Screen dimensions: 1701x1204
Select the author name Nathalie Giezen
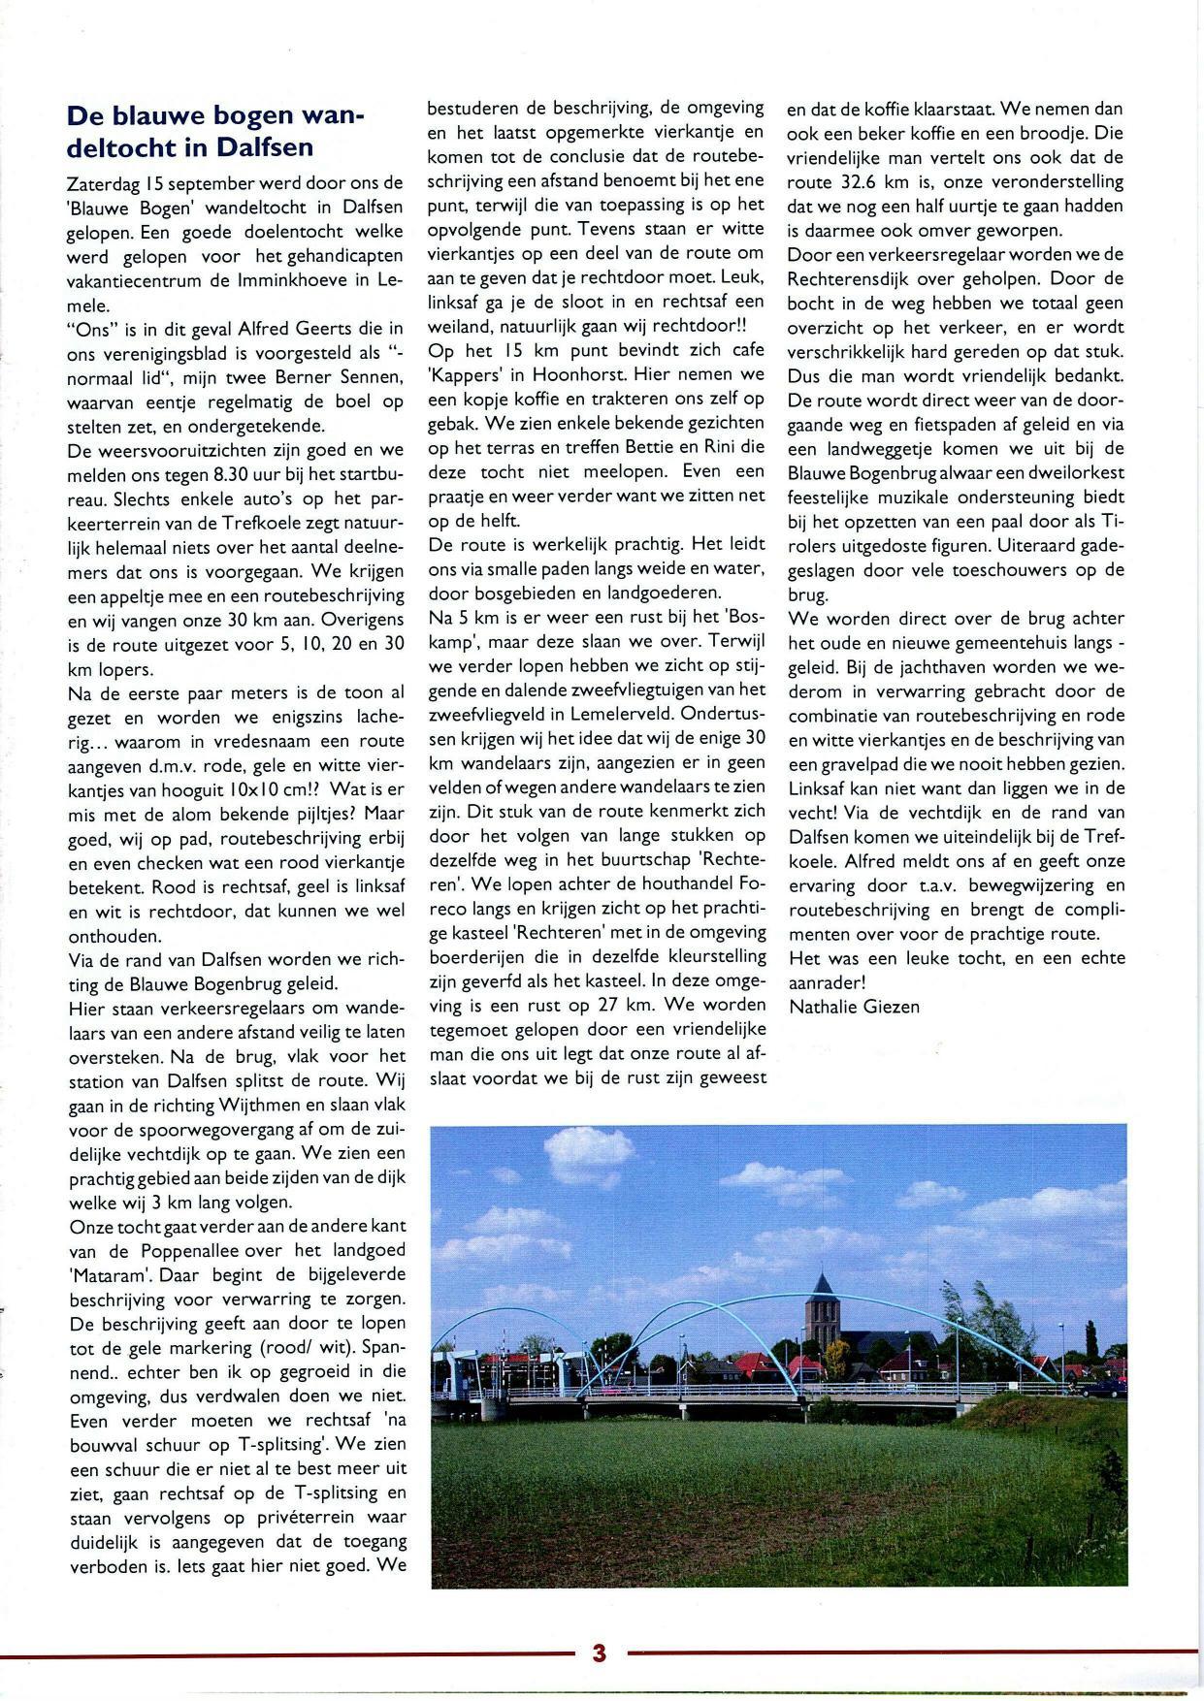point(854,1007)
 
